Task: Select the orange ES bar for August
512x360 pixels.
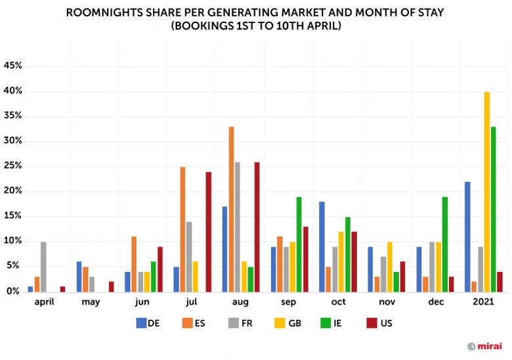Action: coord(231,209)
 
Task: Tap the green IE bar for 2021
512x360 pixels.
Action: coord(493,209)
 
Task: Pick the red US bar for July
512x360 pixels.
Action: coord(208,231)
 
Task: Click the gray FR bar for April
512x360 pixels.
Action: coord(43,266)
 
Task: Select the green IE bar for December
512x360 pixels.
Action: coord(444,244)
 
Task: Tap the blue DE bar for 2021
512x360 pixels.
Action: coord(467,236)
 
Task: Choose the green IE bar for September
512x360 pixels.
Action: coord(299,244)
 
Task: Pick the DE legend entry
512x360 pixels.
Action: coord(148,323)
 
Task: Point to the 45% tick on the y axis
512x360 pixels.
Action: coord(13,66)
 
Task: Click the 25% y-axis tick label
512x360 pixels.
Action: coord(13,166)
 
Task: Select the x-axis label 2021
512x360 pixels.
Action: coord(483,302)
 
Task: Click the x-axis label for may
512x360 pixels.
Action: coord(91,302)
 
